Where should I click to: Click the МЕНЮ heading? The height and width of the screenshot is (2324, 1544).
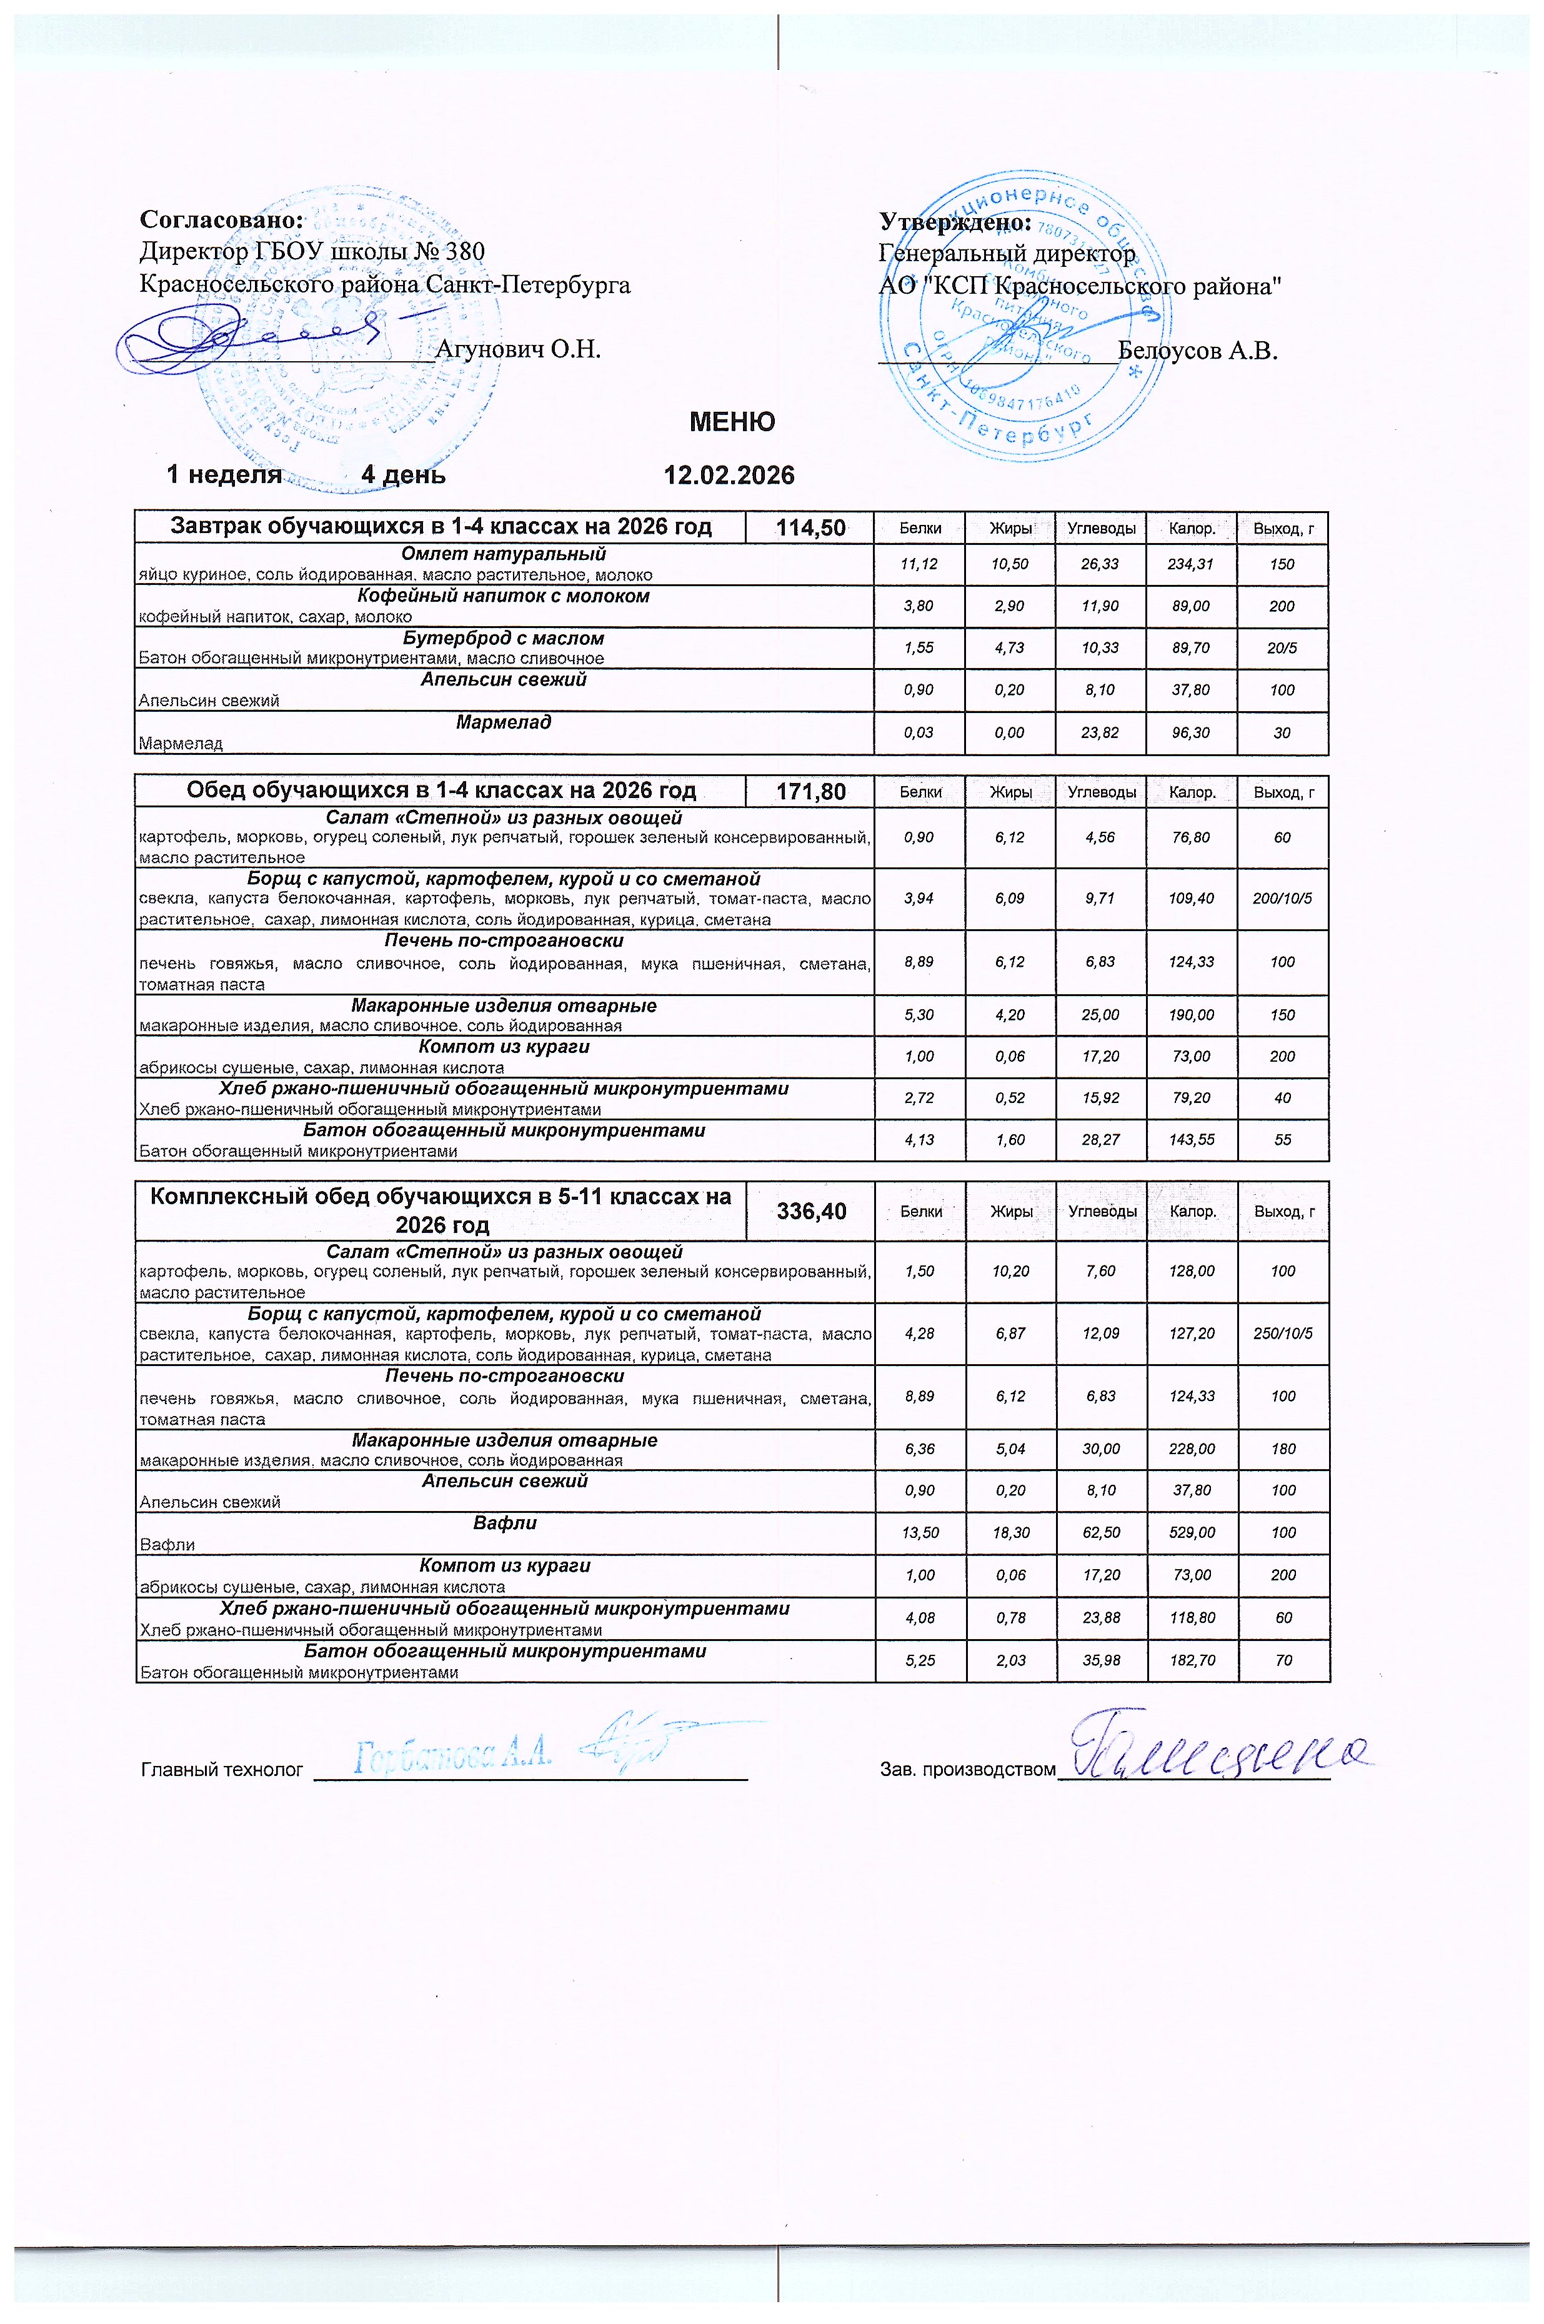click(732, 422)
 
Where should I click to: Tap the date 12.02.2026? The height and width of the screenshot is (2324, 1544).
click(730, 476)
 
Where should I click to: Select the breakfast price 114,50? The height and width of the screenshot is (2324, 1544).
click(810, 528)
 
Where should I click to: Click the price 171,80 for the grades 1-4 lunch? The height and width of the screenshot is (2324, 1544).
click(810, 790)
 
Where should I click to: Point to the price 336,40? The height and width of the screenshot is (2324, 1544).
click(810, 1210)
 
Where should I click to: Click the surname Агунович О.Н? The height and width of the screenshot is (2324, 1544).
click(518, 349)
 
